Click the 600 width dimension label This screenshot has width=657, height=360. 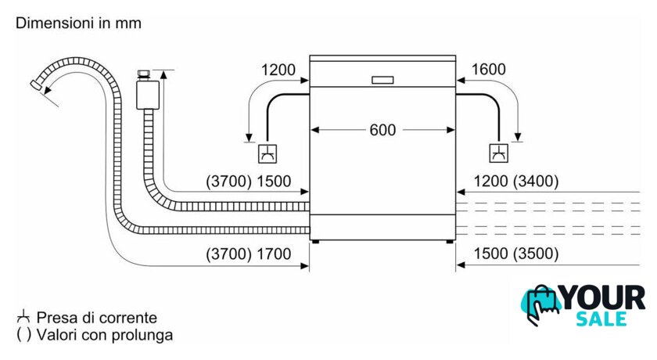pyautogui.click(x=382, y=130)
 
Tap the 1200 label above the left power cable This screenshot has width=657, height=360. pyautogui.click(x=278, y=70)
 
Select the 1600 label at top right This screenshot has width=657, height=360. pyautogui.click(x=490, y=70)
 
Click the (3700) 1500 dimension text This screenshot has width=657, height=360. pyautogui.click(x=249, y=182)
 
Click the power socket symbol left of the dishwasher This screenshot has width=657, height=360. pyautogui.click(x=267, y=153)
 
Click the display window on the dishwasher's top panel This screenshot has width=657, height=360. pyautogui.click(x=382, y=79)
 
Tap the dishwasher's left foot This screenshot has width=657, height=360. pyautogui.click(x=314, y=243)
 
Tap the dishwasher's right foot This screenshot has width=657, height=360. pyautogui.click(x=451, y=243)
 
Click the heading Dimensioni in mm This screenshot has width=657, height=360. pyautogui.click(x=79, y=23)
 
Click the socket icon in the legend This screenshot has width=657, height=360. pyautogui.click(x=23, y=317)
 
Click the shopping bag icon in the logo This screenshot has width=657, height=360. pyautogui.click(x=540, y=305)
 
